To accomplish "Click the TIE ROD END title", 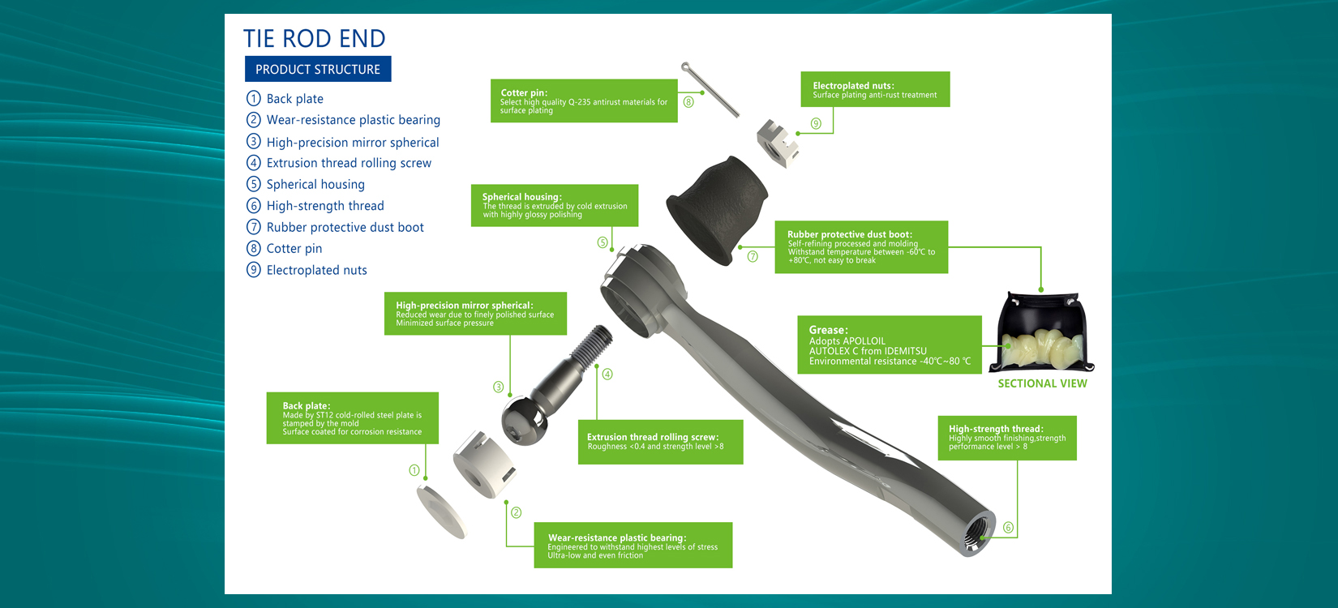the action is [314, 39].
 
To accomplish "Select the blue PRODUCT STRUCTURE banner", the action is [318, 69].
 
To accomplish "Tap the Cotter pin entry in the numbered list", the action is [285, 248].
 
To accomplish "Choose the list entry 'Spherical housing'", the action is [305, 184].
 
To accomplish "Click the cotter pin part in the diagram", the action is [710, 90].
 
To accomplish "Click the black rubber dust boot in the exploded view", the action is [716, 210].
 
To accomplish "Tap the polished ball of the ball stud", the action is [524, 421].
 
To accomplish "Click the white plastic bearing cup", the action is [484, 464].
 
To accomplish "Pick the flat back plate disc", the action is [441, 512].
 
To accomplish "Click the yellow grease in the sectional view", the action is [1042, 347].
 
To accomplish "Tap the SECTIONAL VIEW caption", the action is [1042, 383].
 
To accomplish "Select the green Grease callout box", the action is [890, 345].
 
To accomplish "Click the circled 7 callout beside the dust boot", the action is [753, 256].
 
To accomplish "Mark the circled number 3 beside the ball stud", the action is [498, 387].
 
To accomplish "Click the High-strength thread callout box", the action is [1007, 438].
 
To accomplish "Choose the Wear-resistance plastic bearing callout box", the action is [633, 546].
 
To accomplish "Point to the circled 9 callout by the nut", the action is [816, 124].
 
